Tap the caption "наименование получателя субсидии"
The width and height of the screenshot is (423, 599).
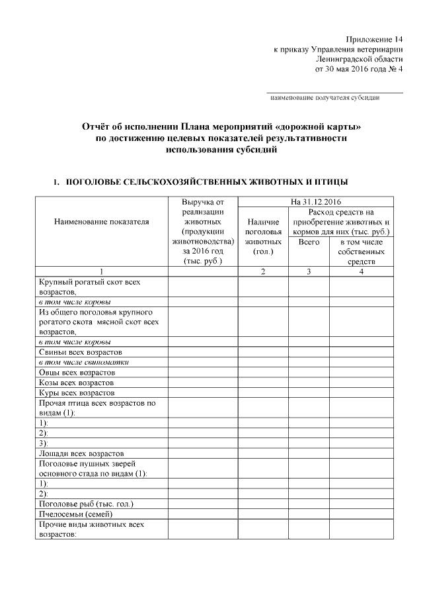325,98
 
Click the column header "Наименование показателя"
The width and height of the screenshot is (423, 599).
101,222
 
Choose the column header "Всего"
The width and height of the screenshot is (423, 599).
309,242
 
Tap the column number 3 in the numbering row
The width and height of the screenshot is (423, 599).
309,271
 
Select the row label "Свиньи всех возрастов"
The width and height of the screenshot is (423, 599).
80,353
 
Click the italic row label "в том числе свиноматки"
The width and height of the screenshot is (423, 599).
83,363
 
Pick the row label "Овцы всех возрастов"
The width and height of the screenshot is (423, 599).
77,373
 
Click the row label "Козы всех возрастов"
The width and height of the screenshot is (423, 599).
77,383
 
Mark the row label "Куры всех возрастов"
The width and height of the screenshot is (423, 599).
76,392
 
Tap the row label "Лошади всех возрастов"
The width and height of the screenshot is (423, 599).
81,453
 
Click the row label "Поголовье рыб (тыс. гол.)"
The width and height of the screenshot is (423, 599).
86,504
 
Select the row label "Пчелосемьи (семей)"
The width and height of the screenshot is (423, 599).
76,514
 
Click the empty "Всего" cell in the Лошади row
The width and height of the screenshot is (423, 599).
309,453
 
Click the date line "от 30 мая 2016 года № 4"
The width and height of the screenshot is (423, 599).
359,68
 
